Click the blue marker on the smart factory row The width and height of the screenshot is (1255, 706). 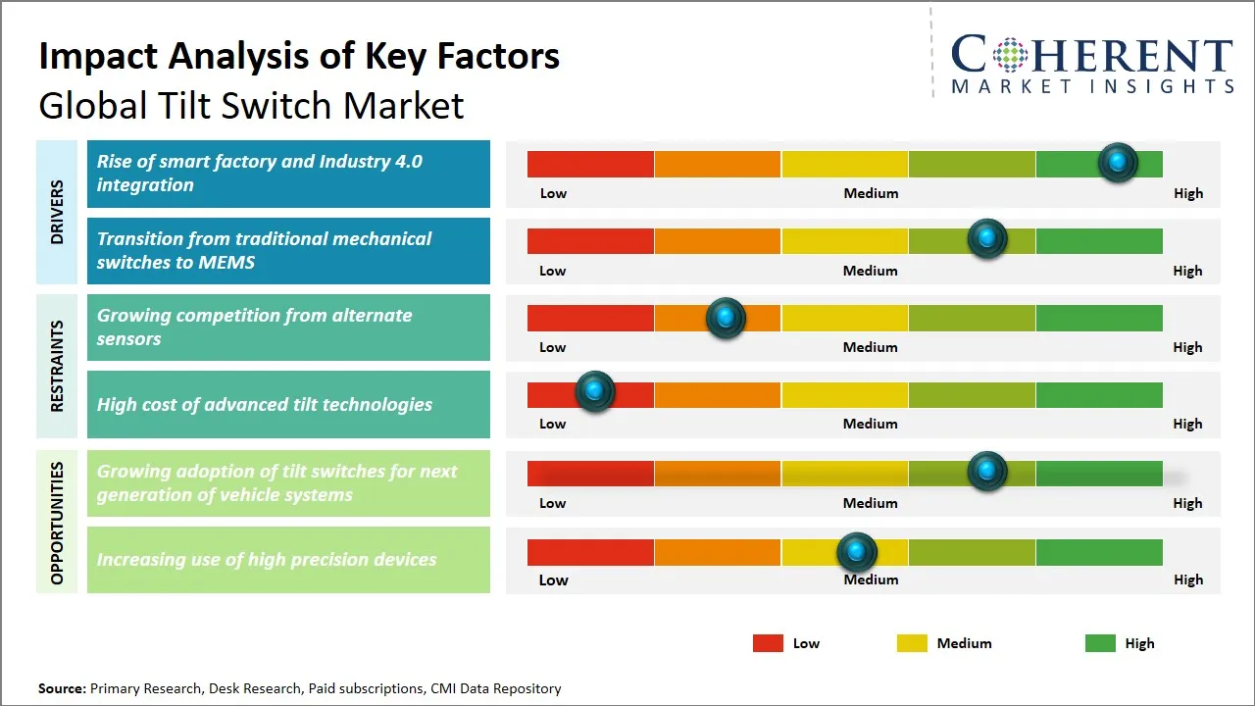[x=1117, y=162]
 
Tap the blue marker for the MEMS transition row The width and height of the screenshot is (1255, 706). [x=987, y=238]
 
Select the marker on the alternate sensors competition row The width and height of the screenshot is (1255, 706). [x=726, y=318]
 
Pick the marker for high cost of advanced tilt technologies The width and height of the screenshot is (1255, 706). [x=594, y=391]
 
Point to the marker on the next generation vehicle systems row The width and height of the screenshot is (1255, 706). [x=987, y=472]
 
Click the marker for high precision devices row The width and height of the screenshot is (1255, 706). [x=857, y=552]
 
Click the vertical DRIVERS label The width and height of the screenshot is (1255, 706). [x=57, y=212]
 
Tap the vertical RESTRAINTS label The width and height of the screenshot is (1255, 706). [x=57, y=366]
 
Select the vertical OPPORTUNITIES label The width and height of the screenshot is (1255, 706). [x=57, y=523]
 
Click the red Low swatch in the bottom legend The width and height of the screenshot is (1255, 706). [x=768, y=643]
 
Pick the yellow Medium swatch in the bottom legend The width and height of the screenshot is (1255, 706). [x=912, y=643]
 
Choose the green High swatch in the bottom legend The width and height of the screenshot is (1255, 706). [x=1100, y=643]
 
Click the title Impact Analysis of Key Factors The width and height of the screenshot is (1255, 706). [x=299, y=56]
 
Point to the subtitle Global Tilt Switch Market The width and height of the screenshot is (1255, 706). [x=251, y=105]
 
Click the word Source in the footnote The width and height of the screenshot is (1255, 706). [x=62, y=688]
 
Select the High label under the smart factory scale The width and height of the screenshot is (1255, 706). [x=1187, y=193]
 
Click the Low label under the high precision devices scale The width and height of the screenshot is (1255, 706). [x=553, y=580]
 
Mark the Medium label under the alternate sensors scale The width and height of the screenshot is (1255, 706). [x=870, y=347]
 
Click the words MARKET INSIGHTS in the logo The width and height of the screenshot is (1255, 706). [x=1092, y=87]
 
